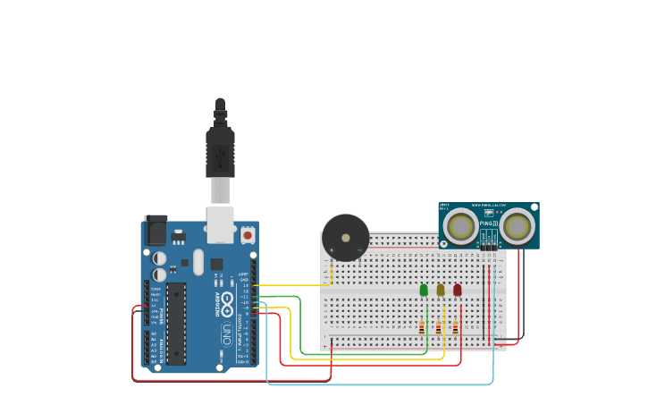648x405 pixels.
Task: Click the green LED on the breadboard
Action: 424,290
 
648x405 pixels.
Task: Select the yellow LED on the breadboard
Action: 440,290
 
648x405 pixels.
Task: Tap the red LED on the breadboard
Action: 457,290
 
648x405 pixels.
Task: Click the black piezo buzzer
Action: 345,237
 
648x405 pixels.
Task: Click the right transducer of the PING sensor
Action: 517,226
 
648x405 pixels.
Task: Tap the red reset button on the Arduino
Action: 247,235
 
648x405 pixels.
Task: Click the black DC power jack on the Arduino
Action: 156,231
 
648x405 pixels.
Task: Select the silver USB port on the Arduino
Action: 220,224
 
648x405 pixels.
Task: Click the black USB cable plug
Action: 220,148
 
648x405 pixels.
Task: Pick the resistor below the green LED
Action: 422,328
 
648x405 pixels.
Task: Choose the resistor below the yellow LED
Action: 438,328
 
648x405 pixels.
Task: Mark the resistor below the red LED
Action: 455,328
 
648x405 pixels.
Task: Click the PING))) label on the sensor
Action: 487,224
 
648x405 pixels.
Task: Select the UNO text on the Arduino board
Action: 226,333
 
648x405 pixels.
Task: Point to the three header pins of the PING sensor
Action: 489,245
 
